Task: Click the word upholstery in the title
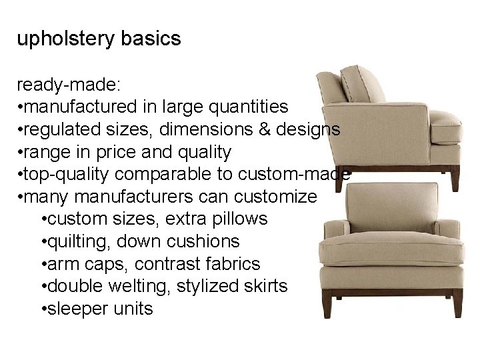coord(67,39)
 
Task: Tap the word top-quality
coord(67,175)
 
